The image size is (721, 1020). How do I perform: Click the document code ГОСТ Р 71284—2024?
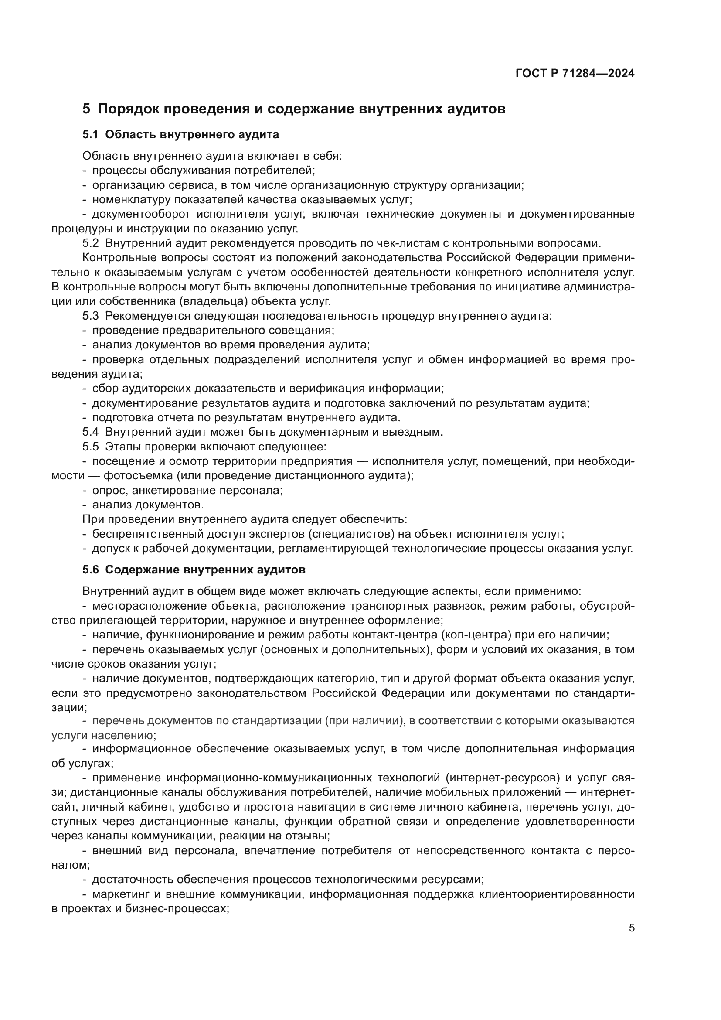click(575, 74)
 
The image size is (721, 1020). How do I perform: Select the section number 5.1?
click(90, 134)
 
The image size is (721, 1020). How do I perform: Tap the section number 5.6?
click(90, 570)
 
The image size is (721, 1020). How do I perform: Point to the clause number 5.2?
click(90, 243)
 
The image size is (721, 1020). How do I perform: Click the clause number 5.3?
click(90, 316)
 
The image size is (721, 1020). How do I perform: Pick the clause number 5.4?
click(90, 432)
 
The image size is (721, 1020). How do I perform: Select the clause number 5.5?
click(90, 447)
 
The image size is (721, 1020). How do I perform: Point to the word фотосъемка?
click(138, 475)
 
